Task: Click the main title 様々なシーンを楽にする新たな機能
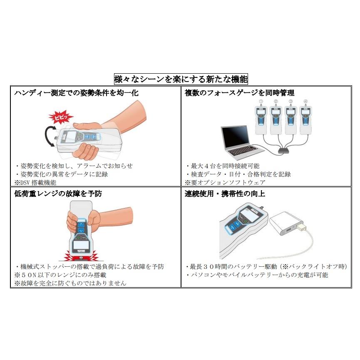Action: [x=181, y=79]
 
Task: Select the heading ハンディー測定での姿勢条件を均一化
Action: [x=76, y=93]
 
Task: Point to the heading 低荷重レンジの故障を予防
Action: [x=58, y=194]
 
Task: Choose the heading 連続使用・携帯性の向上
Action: [x=225, y=194]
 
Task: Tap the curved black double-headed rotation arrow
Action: [x=49, y=137]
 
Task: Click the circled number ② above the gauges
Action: [x=276, y=102]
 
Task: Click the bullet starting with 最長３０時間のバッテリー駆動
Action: [x=266, y=266]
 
